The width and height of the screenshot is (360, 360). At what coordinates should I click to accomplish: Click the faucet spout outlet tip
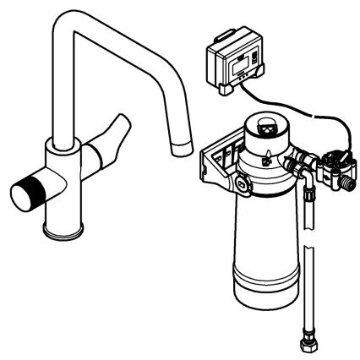click(x=181, y=149)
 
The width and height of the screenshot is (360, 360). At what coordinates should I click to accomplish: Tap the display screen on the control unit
click(x=241, y=61)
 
